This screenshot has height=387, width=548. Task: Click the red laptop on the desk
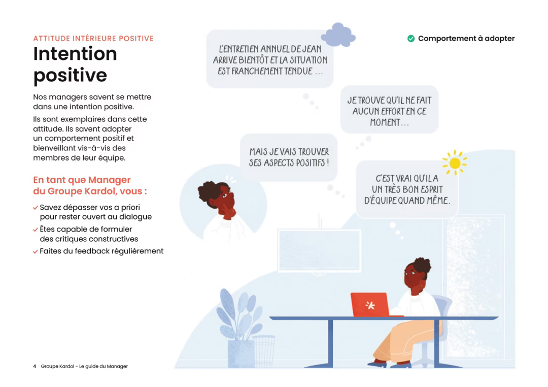point(369,305)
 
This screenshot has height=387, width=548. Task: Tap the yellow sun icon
point(455,163)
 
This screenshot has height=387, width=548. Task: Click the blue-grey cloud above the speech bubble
point(338,35)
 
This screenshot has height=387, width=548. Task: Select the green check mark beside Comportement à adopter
point(411,39)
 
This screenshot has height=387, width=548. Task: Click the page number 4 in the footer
point(35,366)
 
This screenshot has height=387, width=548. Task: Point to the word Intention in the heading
point(75,53)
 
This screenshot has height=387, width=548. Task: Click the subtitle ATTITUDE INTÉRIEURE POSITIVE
point(93,39)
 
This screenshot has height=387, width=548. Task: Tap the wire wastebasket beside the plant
point(263,349)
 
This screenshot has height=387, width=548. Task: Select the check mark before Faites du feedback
point(36,251)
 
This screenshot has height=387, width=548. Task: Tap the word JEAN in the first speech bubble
point(312,49)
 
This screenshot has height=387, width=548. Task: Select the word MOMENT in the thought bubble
point(388,123)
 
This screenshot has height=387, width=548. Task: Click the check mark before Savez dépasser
point(36,208)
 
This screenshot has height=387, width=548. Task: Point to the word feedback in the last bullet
point(95,251)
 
